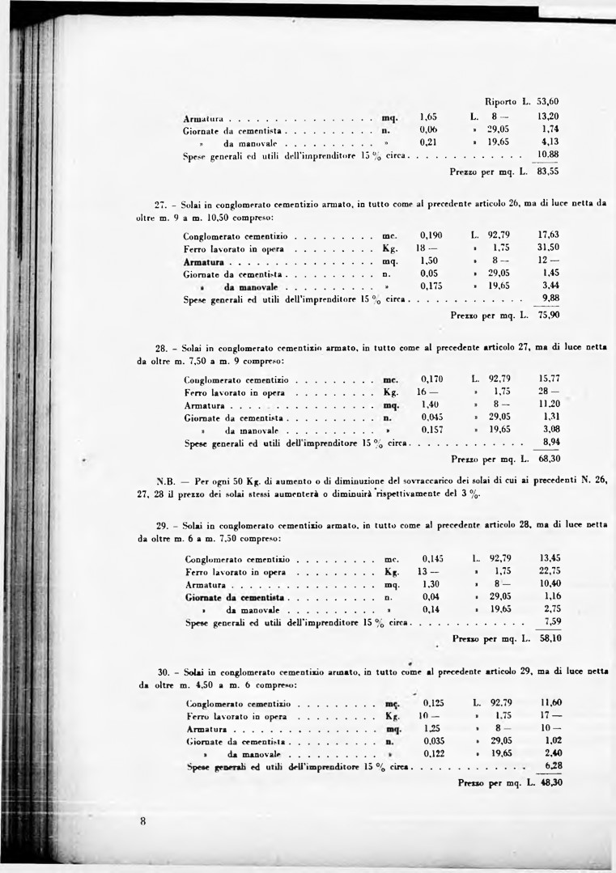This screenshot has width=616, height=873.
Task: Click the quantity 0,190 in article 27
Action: pos(431,235)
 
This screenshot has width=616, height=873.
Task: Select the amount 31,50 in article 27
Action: pos(549,248)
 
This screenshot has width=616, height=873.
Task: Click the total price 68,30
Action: pos(550,459)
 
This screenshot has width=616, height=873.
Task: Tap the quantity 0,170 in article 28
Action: pos(432,379)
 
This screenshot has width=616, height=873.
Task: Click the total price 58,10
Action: pos(551,638)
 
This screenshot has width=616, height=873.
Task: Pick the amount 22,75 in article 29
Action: pos(550,571)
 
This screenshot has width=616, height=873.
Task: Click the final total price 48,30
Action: pos(551,782)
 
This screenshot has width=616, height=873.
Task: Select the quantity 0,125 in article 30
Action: pos(435,703)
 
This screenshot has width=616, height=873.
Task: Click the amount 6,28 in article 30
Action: pos(554,765)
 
